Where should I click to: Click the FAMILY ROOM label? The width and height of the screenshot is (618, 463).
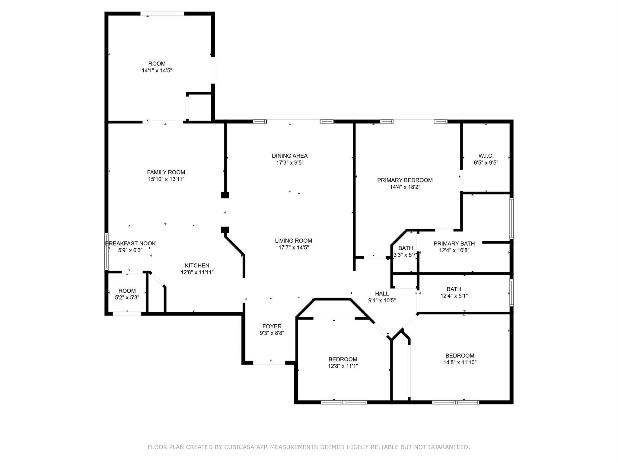pos(166,172)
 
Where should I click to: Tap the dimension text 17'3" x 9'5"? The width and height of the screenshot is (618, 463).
pos(290,163)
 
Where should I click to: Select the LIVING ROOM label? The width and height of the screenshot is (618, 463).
pos(293,241)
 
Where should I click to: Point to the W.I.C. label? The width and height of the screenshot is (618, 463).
pos(486,156)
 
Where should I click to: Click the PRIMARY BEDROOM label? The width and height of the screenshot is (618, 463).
pos(405,180)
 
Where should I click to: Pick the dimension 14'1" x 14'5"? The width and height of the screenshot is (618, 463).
pos(157,71)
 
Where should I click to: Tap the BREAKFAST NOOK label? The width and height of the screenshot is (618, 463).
pos(130,243)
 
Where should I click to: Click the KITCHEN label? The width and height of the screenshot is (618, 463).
pos(197,266)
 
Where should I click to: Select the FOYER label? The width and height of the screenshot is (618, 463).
pos(272,326)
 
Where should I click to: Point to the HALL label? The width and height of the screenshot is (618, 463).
pos(382,294)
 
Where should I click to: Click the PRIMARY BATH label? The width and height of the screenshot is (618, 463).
pos(454,244)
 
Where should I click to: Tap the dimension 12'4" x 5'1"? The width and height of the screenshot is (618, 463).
pos(454,296)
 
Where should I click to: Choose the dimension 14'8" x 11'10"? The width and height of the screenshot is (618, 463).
pos(460,362)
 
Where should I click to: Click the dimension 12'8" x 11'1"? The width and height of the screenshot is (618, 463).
pos(343,366)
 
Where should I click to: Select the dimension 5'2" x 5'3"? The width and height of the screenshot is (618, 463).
pos(127,298)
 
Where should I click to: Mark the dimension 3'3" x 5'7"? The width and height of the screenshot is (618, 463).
pos(405,255)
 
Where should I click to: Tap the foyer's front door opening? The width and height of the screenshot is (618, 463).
pos(269,363)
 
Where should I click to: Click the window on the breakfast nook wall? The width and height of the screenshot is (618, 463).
pos(106,251)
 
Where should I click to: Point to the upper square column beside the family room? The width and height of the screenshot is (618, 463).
pos(225,195)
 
